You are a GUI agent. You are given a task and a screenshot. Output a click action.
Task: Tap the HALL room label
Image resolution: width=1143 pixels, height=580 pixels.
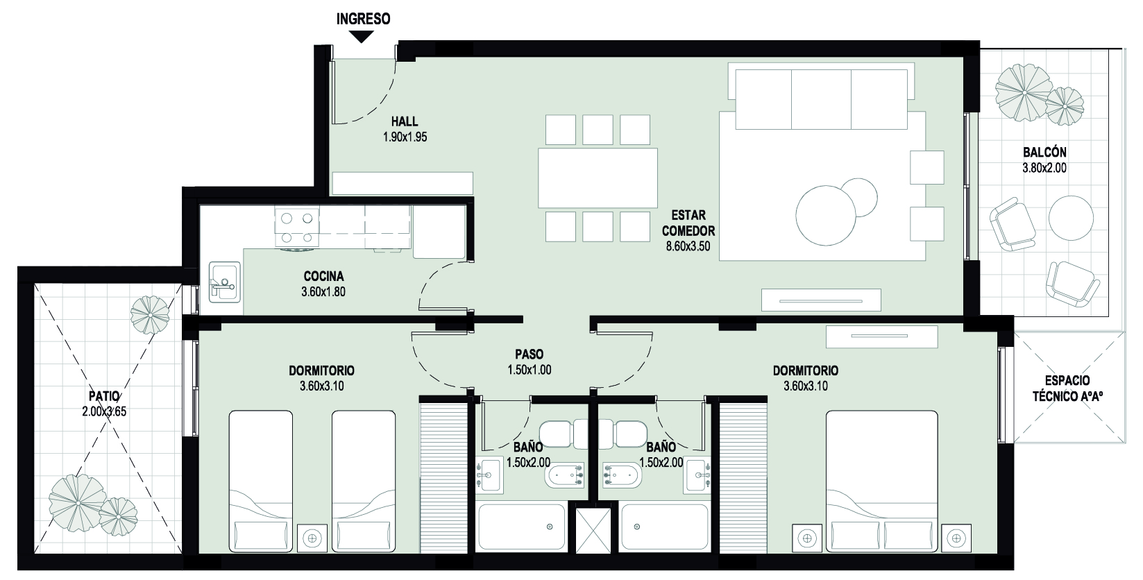click(405, 121)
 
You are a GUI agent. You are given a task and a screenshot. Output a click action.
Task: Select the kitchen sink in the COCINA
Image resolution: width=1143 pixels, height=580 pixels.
click(225, 282)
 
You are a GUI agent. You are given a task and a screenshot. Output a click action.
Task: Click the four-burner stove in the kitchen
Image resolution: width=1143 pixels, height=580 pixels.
click(296, 228)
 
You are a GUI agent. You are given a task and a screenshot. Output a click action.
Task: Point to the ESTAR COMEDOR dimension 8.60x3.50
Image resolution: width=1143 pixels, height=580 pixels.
click(688, 246)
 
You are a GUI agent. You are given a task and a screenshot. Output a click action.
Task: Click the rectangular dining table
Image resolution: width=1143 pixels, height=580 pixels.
click(598, 178)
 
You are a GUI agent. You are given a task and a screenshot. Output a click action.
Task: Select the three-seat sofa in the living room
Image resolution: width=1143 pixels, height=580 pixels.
click(821, 96)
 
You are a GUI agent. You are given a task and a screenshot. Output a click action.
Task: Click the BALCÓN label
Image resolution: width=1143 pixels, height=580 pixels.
click(1044, 152)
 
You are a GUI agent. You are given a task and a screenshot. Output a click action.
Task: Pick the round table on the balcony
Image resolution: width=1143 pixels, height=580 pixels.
click(1071, 218)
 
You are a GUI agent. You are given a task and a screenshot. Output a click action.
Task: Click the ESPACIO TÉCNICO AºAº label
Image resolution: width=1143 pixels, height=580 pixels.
click(1067, 389)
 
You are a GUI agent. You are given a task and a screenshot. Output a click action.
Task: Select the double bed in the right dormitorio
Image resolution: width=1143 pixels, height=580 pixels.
click(882, 481)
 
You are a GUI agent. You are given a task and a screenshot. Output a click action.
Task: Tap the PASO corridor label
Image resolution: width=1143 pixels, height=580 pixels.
click(529, 354)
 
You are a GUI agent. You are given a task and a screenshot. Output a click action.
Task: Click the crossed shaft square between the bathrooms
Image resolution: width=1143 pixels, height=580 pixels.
click(593, 531)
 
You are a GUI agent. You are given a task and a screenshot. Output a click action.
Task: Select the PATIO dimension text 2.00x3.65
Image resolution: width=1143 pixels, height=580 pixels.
click(104, 411)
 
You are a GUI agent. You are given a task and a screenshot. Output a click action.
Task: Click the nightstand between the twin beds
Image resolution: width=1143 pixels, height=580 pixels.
click(312, 538)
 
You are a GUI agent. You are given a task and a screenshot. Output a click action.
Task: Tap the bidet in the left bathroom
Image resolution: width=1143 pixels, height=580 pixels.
click(564, 476)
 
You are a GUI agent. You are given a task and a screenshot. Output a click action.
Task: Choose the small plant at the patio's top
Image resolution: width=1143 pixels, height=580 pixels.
click(150, 315)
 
